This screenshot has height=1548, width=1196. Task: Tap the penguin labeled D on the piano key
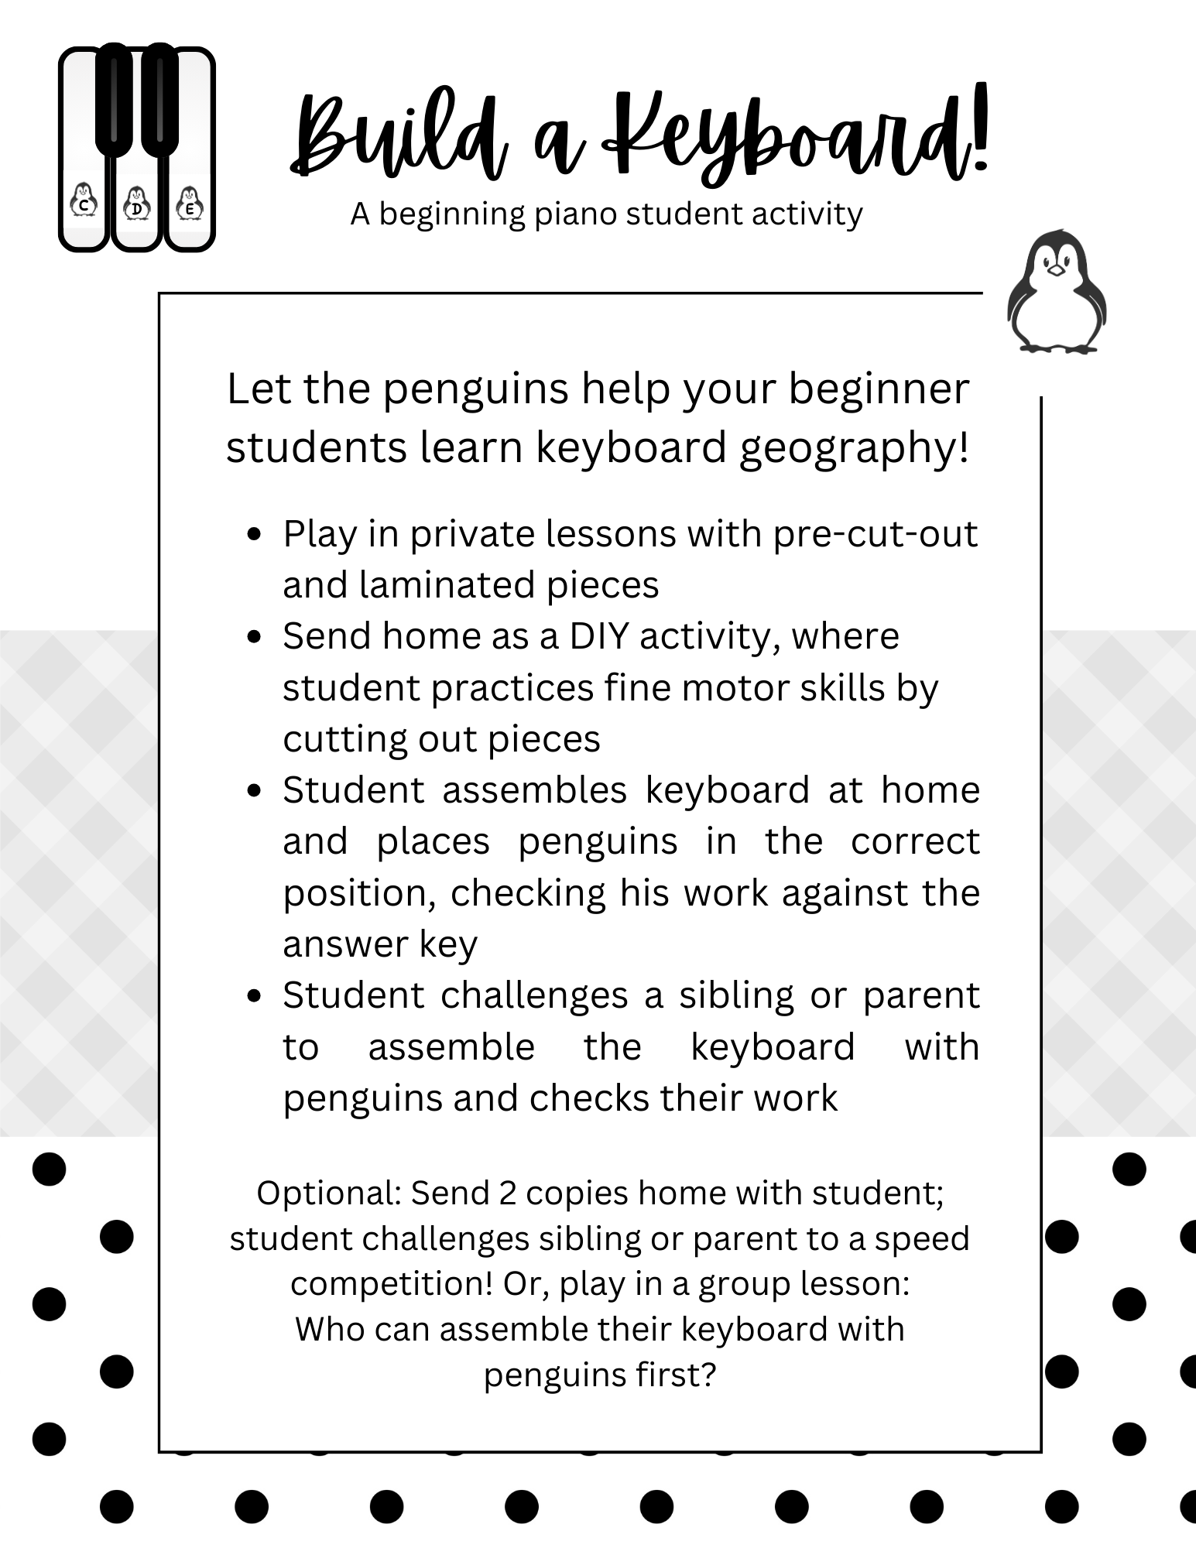click(137, 204)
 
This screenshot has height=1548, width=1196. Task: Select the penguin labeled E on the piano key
click(190, 204)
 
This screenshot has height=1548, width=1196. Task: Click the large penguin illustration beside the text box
click(1057, 292)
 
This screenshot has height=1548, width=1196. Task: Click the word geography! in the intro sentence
click(854, 448)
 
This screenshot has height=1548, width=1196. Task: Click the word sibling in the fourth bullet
click(736, 996)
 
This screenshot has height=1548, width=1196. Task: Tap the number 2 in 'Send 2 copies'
click(507, 1194)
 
